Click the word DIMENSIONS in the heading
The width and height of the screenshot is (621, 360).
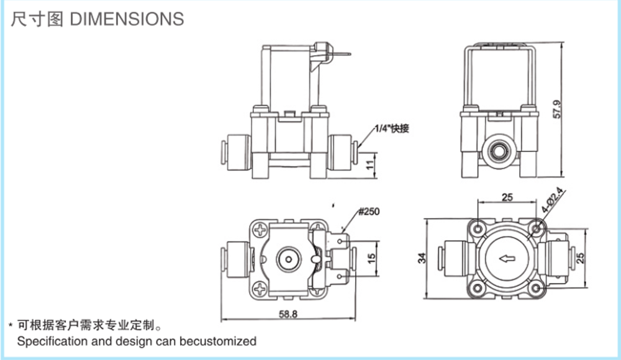click(x=127, y=19)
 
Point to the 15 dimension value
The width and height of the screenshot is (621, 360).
click(x=370, y=258)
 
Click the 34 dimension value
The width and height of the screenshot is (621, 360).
click(x=422, y=258)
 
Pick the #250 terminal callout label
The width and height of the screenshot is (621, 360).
click(x=368, y=211)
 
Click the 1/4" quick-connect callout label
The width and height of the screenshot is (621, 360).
click(x=392, y=129)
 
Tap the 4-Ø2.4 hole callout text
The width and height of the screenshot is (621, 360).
click(x=551, y=200)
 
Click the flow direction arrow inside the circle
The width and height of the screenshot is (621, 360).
click(x=506, y=258)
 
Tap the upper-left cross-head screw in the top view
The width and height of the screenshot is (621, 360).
click(x=260, y=228)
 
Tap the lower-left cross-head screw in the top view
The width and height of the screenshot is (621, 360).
click(x=260, y=287)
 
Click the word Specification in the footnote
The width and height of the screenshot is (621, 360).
click(x=51, y=341)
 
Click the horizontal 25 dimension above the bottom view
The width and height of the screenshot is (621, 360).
click(x=507, y=197)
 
